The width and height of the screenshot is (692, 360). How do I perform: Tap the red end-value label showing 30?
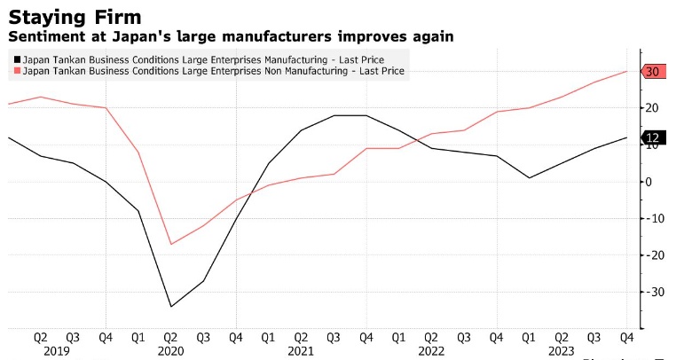point(652,72)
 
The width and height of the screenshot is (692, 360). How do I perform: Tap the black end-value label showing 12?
point(652,137)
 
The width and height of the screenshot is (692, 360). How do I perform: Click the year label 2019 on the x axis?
point(56,351)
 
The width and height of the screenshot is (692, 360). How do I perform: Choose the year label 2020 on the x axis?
point(170,351)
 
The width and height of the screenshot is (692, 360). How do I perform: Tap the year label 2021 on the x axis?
point(301,351)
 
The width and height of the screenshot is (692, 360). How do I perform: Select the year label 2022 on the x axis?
point(431,351)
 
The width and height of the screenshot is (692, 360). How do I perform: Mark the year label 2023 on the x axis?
point(562,351)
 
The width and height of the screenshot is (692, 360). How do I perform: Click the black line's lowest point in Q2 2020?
point(170,307)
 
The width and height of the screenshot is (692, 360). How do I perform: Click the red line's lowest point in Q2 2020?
point(170,244)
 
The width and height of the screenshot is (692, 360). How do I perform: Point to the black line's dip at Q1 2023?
point(529,178)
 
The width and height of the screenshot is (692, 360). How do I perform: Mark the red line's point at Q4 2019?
point(106,108)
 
